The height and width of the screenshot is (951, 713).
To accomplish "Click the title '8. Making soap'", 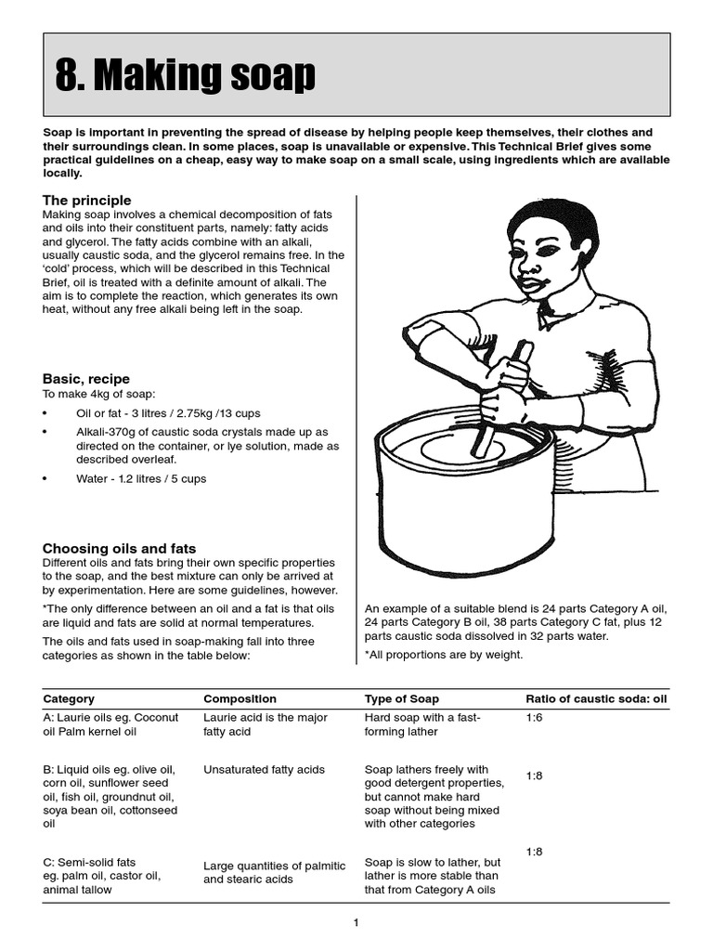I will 186,76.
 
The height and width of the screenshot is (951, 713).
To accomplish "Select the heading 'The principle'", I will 87,201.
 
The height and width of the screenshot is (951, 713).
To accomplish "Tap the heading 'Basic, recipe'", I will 86,379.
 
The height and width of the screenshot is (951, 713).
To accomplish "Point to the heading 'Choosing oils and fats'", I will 119,549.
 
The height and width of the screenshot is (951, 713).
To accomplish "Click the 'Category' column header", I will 69,698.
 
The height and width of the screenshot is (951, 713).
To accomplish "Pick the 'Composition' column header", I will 240,698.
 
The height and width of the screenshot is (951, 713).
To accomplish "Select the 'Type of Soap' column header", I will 402,698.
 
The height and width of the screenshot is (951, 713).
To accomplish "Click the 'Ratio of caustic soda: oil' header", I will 595,698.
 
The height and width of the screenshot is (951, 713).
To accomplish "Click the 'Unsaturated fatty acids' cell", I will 264,770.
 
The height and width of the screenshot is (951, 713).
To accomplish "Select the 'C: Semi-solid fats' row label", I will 90,862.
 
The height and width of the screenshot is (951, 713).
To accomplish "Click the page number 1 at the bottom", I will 356,922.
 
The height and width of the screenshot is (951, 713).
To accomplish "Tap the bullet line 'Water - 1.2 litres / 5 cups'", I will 141,479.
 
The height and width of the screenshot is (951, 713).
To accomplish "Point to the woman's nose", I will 525,267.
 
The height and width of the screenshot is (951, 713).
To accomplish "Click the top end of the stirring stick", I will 525,346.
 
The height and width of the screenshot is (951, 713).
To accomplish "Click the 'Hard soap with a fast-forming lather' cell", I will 421,724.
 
